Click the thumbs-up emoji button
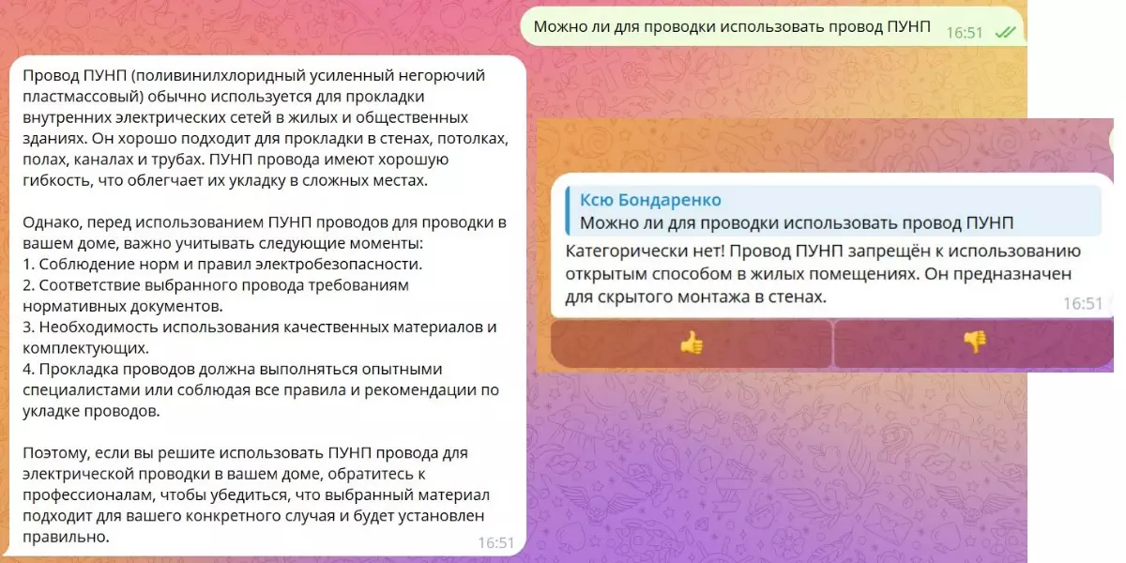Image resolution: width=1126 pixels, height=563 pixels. click(692, 343)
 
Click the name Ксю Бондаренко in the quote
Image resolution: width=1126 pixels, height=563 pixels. click(650, 200)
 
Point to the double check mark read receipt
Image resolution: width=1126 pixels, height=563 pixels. click(1005, 33)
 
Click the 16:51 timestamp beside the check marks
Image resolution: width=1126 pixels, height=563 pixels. click(965, 33)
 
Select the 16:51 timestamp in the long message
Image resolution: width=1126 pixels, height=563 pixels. click(495, 543)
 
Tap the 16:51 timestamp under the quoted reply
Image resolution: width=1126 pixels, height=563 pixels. click(1082, 304)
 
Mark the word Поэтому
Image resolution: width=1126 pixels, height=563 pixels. click(55, 453)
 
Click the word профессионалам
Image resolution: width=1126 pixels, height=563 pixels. click(89, 495)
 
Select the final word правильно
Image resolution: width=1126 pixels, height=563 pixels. click(66, 537)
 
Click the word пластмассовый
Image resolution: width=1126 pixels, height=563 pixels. click(83, 97)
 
